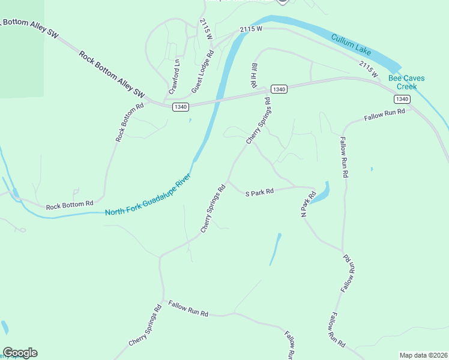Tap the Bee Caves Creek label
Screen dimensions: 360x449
click(402, 82)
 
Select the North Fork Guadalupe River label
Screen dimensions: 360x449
click(148, 195)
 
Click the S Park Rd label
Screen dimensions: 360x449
click(259, 192)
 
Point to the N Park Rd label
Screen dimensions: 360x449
click(308, 204)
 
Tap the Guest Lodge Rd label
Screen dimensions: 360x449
click(203, 71)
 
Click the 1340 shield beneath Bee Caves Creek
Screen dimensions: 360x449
click(402, 99)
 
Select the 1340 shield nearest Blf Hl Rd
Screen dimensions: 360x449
click(279, 89)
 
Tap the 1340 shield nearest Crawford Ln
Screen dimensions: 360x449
click(181, 107)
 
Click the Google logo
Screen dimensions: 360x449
click(20, 353)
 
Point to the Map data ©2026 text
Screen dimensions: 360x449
click(423, 355)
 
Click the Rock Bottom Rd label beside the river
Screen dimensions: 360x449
click(70, 205)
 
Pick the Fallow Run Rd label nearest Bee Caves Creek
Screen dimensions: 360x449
click(384, 114)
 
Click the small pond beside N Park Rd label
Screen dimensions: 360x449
click(322, 192)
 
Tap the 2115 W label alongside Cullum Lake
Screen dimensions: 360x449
click(368, 68)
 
